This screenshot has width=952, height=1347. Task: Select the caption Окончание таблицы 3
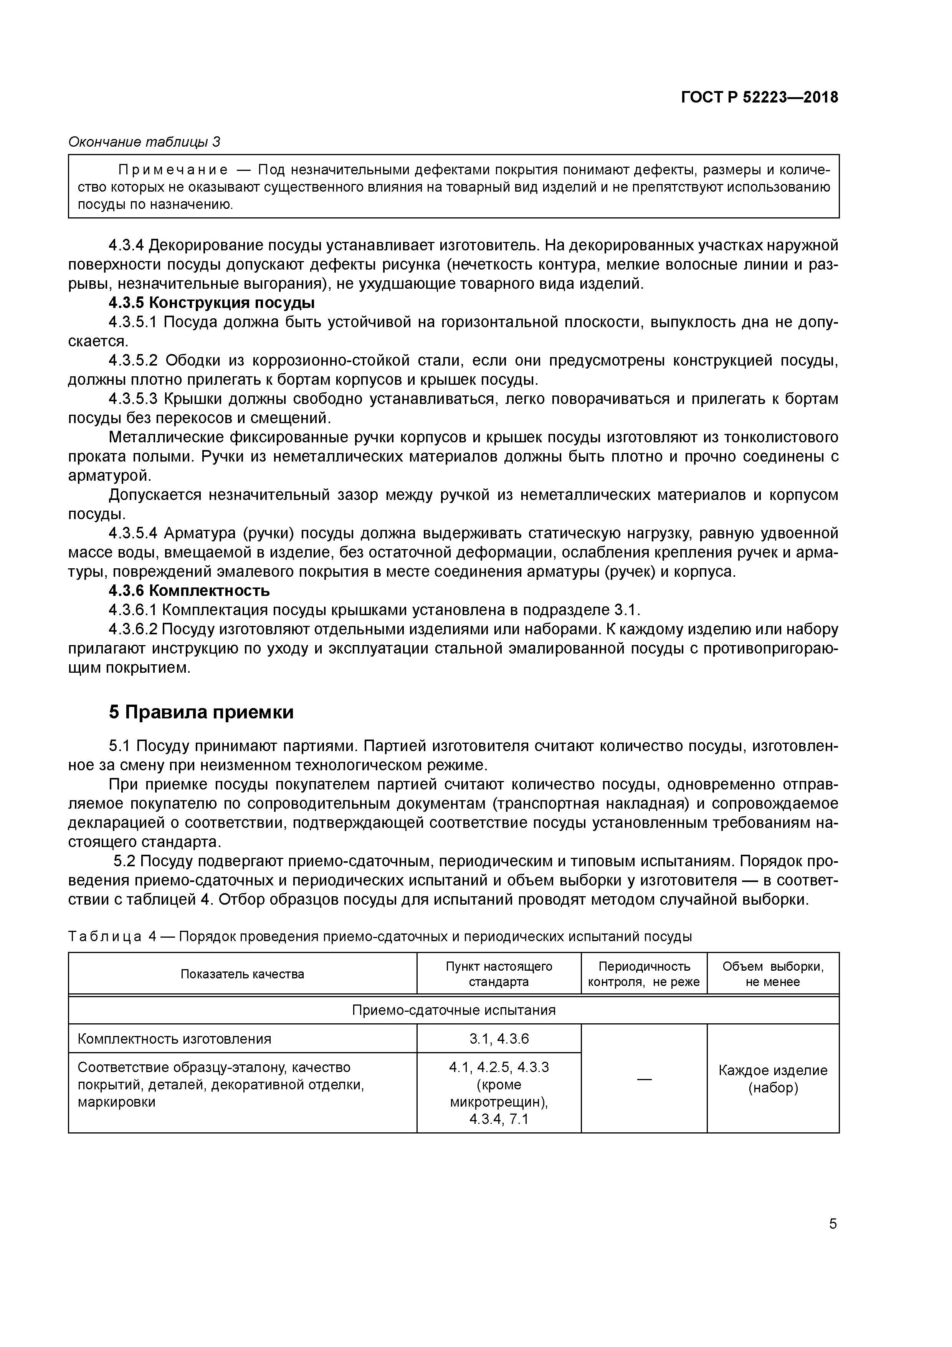pos(144,142)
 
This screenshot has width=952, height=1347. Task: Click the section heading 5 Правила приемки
pos(201,712)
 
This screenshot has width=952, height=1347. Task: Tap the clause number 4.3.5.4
pos(134,533)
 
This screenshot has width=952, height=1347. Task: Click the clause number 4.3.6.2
pos(133,629)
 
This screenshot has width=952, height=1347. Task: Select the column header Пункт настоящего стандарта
pos(499,974)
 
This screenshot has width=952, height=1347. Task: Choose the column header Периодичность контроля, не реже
pos(643,974)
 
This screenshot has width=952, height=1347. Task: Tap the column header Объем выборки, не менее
pos(772,974)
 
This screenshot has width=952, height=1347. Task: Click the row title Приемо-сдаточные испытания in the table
pos(453,1010)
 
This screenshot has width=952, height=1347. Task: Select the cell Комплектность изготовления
pos(174,1039)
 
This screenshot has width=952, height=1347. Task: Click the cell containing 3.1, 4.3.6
pos(499,1039)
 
